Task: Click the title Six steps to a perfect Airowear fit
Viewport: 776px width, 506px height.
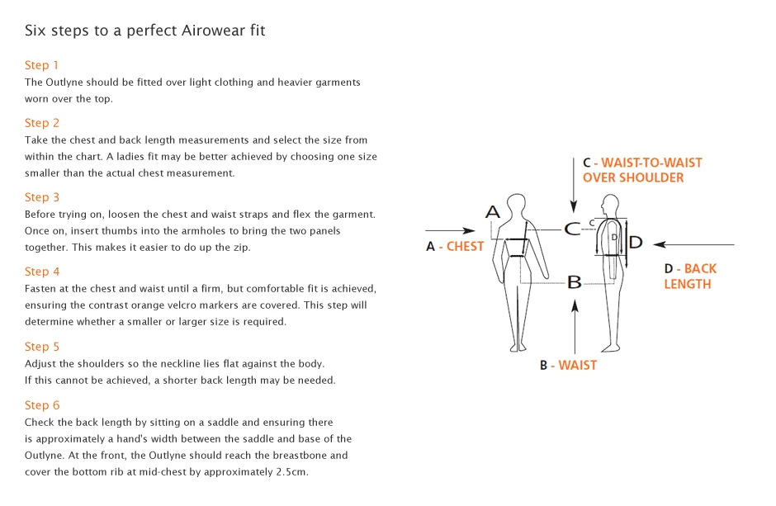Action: [x=145, y=31]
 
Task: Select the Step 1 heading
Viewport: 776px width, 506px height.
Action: [x=41, y=65]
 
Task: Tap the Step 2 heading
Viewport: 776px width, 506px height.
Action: [x=42, y=123]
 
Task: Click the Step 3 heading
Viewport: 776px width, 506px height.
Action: [x=42, y=197]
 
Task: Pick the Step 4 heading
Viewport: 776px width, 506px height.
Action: [x=42, y=272]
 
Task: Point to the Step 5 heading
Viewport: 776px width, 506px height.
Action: [x=42, y=347]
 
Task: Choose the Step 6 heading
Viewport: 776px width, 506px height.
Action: [x=42, y=405]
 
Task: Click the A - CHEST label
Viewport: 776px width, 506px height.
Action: [x=455, y=246]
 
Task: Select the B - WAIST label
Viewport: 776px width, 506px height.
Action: [x=568, y=365]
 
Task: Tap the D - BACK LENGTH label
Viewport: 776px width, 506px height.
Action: [x=690, y=276]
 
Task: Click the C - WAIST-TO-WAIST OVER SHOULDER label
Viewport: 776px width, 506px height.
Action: [x=642, y=170]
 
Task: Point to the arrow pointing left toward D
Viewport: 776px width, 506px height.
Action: [x=693, y=244]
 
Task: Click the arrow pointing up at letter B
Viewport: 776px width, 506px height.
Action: [x=575, y=327]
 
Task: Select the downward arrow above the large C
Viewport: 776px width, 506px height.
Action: [x=574, y=186]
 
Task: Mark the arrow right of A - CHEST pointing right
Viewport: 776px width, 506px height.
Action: [x=450, y=230]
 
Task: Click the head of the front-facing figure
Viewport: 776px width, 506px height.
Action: [x=516, y=204]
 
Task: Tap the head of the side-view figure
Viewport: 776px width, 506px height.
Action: [x=611, y=204]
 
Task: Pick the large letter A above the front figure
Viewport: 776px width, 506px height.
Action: [x=492, y=212]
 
